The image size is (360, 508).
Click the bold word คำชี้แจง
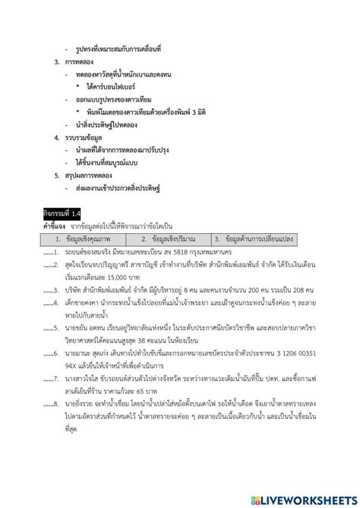55,226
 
